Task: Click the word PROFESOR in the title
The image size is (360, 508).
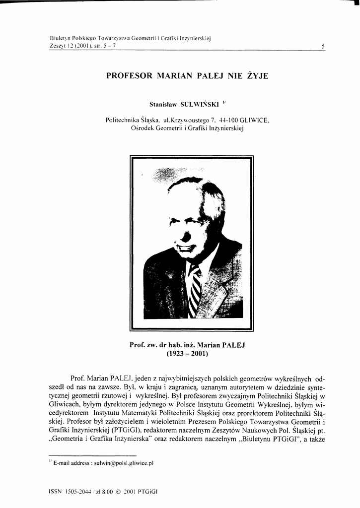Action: [129, 77]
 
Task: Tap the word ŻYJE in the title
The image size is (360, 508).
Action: [257, 77]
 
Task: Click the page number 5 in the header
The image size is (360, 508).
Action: [323, 46]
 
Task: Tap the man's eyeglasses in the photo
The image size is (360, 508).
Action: [189, 221]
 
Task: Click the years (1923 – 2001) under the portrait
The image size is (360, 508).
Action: [187, 354]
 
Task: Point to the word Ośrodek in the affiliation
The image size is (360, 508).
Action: [143, 128]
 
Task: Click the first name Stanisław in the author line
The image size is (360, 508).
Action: [163, 104]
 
